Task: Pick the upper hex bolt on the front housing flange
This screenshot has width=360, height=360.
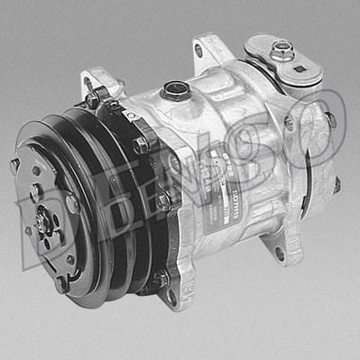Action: pos(140,144)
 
